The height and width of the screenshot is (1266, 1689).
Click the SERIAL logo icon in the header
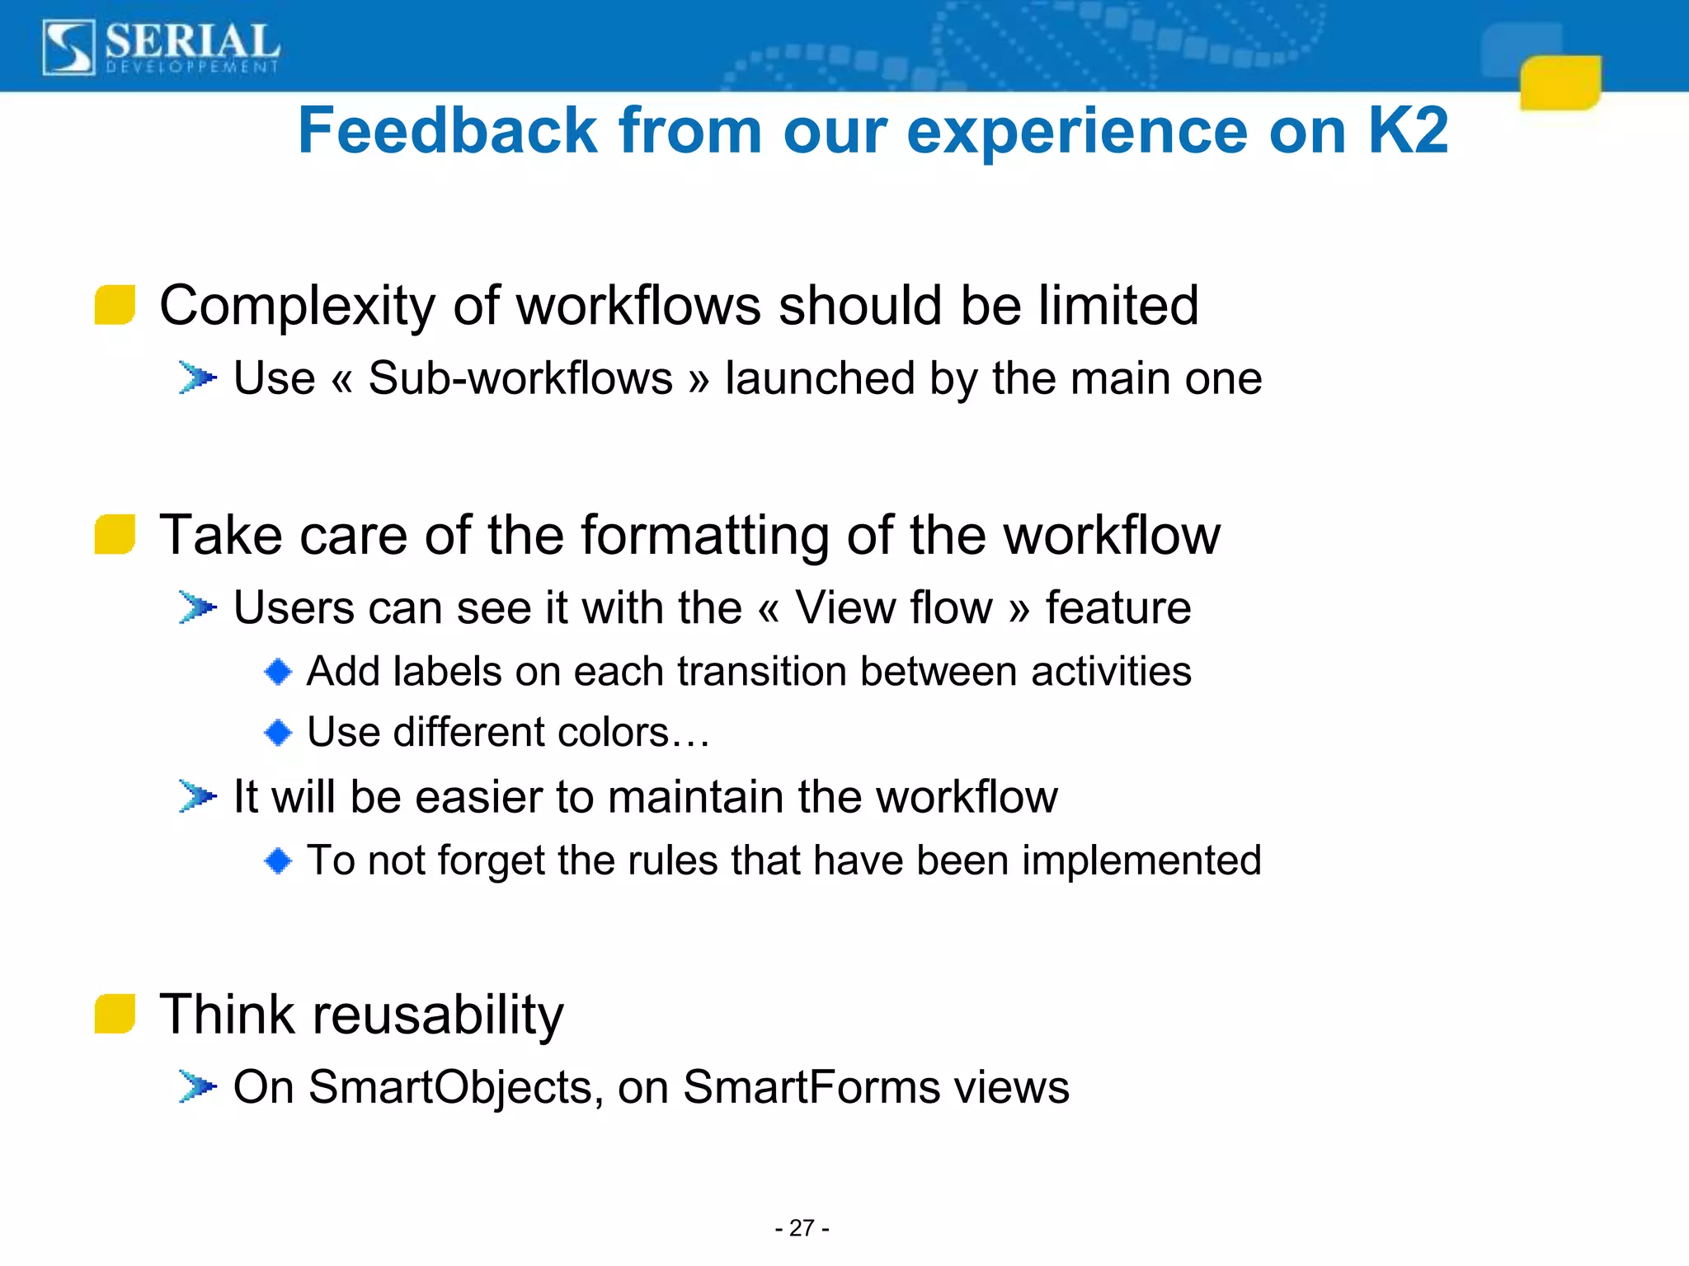click(x=68, y=48)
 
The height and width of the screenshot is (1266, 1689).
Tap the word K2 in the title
click(x=1407, y=131)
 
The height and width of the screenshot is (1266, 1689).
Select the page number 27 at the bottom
click(x=802, y=1228)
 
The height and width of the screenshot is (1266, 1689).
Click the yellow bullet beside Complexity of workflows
click(x=115, y=306)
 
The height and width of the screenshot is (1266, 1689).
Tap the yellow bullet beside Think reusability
click(x=115, y=1014)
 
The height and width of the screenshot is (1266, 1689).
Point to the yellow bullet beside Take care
click(x=115, y=535)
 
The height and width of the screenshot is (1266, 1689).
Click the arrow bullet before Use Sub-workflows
click(x=197, y=378)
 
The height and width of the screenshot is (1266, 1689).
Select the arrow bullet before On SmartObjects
click(x=197, y=1086)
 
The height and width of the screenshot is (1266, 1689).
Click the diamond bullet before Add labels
click(x=278, y=672)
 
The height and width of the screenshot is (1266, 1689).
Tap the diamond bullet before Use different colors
click(x=278, y=732)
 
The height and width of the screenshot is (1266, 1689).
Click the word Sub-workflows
click(x=520, y=378)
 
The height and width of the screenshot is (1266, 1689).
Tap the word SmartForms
click(x=812, y=1086)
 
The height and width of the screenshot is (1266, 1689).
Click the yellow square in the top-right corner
click(x=1560, y=82)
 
